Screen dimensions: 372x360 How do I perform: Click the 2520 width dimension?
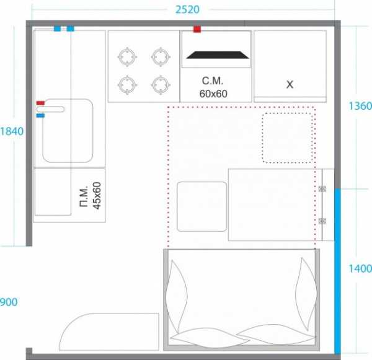click(187, 10)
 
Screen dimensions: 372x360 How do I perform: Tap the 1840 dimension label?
click(12, 131)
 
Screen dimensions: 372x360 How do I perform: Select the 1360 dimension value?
click(360, 106)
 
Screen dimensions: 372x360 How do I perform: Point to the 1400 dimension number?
click(360, 269)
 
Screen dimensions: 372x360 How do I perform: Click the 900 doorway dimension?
click(9, 302)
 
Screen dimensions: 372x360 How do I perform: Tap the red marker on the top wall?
click(197, 29)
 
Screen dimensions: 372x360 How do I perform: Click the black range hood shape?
click(218, 55)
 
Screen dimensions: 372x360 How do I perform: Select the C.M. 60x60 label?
click(213, 87)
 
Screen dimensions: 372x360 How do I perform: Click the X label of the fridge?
click(290, 84)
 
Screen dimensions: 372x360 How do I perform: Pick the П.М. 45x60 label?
click(91, 195)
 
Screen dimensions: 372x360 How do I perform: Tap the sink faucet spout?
click(50, 109)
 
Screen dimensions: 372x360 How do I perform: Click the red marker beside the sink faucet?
click(40, 103)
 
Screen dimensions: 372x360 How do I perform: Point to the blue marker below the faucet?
click(40, 115)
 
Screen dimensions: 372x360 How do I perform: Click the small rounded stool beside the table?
click(202, 206)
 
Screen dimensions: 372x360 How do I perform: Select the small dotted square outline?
click(287, 138)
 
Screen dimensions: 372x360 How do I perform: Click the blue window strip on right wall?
click(337, 271)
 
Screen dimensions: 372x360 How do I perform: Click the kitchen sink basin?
click(68, 131)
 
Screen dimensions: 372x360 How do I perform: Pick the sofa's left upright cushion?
click(176, 296)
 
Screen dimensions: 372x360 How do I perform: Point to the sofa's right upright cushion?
click(306, 294)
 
